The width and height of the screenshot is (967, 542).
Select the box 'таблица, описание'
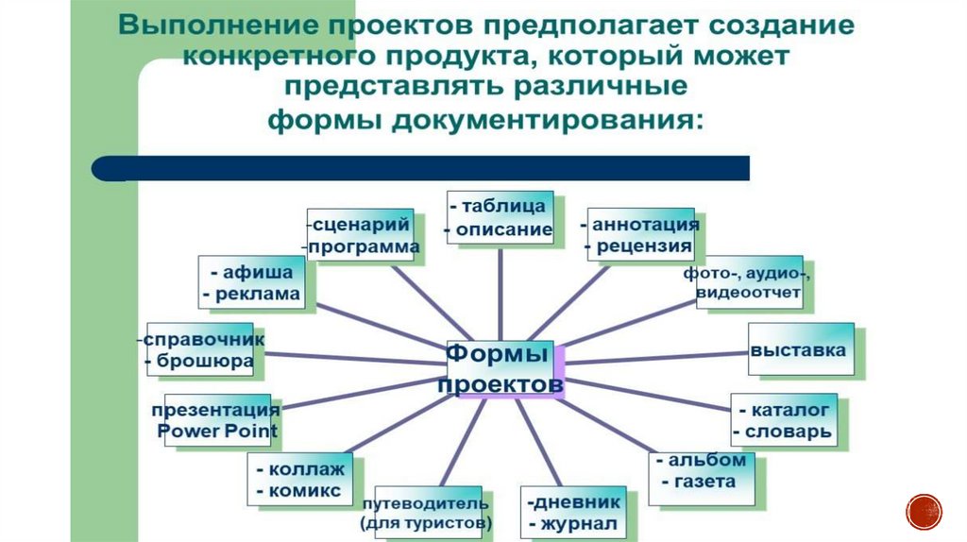pyautogui.click(x=500, y=217)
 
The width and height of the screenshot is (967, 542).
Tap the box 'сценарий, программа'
pyautogui.click(x=362, y=235)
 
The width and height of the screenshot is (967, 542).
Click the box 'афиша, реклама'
pyautogui.click(x=251, y=281)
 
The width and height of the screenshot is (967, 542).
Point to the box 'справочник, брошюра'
pyautogui.click(x=200, y=349)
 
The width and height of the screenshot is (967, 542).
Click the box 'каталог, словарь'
pyautogui.click(x=783, y=421)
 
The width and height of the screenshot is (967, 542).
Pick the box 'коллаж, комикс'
pyautogui.click(x=299, y=479)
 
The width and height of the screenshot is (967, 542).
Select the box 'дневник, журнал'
pyautogui.click(x=573, y=512)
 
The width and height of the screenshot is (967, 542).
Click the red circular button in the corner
pyautogui.click(x=924, y=512)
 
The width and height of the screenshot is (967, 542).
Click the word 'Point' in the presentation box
pyautogui.click(x=247, y=432)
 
